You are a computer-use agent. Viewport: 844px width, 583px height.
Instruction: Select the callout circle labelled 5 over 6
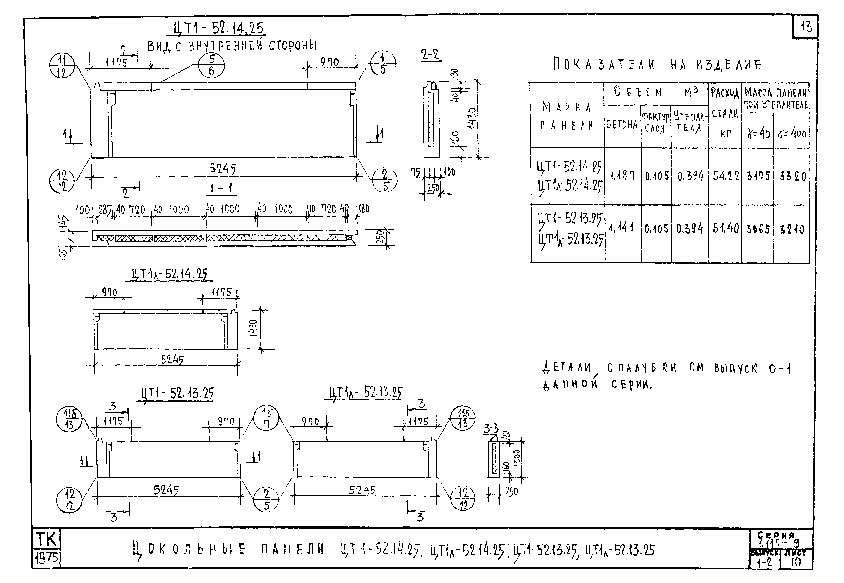tap(211, 65)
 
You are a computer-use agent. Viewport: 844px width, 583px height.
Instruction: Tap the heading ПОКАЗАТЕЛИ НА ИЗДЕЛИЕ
tap(657, 65)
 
